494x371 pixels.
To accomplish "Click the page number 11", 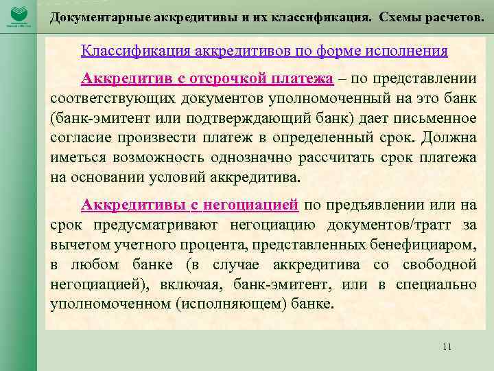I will click(447, 346).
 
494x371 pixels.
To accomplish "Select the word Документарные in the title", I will click(97, 16).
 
